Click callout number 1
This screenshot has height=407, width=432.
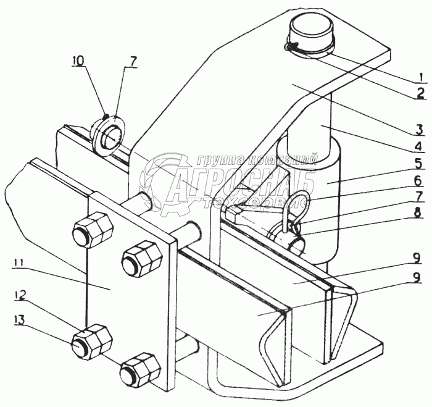421,78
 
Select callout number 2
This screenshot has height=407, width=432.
421,94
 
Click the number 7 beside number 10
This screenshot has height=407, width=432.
134,61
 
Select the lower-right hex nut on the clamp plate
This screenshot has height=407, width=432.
139,370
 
